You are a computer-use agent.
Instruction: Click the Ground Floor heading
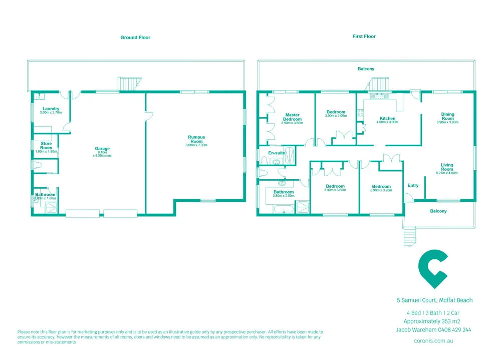[135, 38]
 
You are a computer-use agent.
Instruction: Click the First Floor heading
[364, 37]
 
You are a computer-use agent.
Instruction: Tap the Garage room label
[102, 149]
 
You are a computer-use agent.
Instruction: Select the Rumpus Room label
[196, 139]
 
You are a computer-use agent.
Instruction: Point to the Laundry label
[51, 109]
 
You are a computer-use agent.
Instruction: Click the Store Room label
[46, 146]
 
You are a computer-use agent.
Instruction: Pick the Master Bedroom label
[292, 117]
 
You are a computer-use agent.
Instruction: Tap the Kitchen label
[388, 119]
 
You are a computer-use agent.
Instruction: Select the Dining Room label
[447, 116]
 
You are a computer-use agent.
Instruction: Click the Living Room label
[447, 167]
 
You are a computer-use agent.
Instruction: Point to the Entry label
[413, 185]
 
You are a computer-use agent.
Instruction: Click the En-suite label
[277, 153]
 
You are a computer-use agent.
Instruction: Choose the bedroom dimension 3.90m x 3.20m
[381, 190]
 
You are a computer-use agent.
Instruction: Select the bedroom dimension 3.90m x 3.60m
[335, 190]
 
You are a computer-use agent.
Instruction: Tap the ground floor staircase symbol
[127, 84]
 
